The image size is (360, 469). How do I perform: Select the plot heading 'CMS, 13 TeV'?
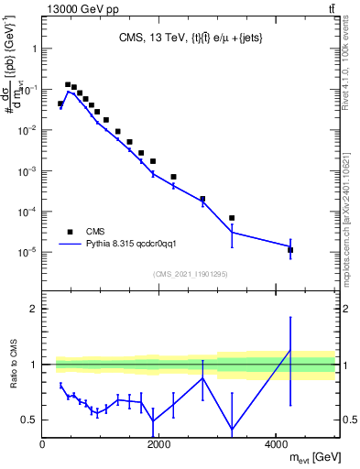[189, 38]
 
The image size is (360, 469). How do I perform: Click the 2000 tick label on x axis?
[159, 445]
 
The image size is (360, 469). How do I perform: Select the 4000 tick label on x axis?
[276, 445]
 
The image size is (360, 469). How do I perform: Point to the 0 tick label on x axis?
[43, 445]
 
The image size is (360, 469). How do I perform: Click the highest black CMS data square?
[68, 84]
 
